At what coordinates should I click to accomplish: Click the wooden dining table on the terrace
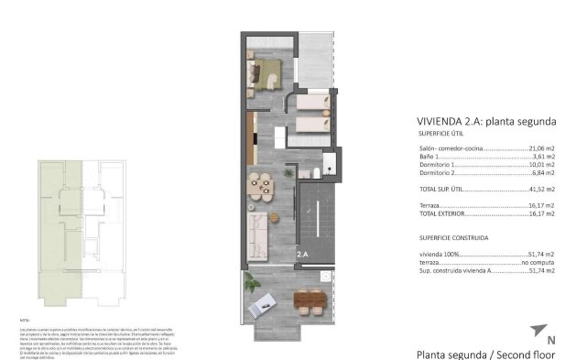(310, 299)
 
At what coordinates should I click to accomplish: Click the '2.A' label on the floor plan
(302, 254)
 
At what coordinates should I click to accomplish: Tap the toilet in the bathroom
(314, 172)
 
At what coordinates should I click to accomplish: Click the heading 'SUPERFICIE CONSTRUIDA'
(454, 237)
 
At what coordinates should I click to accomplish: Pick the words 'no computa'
(538, 263)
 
